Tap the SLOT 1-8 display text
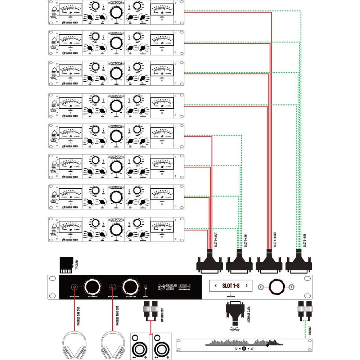click(x=231, y=286)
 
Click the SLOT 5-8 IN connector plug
click(x=298, y=262)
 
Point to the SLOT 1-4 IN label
click(x=246, y=239)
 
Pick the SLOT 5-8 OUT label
click(x=275, y=239)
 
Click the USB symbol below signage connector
click(x=235, y=329)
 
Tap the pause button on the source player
click(x=244, y=348)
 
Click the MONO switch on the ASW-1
click(x=146, y=288)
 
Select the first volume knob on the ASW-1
click(x=93, y=287)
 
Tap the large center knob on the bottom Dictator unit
click(x=116, y=229)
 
